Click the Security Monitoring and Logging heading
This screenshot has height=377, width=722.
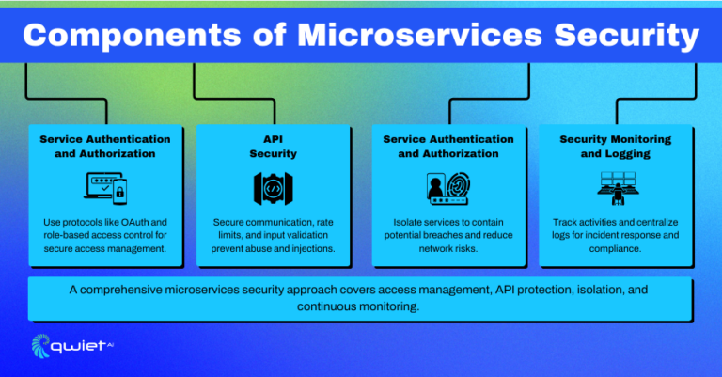(616, 146)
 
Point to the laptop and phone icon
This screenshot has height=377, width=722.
(105, 188)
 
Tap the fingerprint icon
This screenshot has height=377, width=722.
(458, 188)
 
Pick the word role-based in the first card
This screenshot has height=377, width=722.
(72, 236)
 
